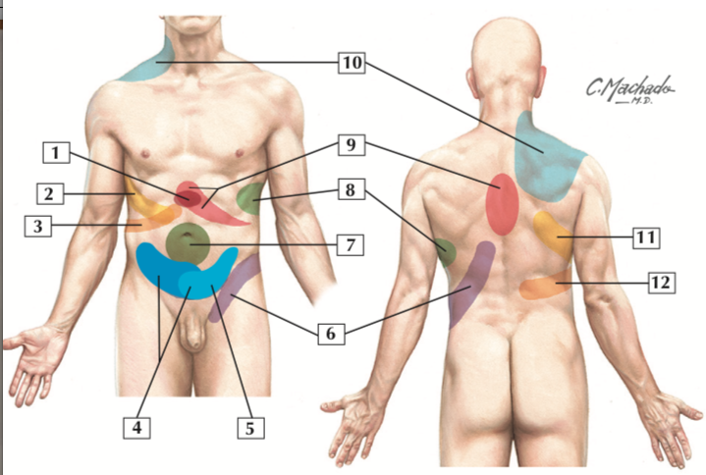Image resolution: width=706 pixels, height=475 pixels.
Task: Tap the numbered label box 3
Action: (x=37, y=227)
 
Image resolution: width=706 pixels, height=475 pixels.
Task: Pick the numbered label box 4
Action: (x=137, y=427)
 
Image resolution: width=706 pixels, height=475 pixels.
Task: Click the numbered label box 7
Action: (x=352, y=244)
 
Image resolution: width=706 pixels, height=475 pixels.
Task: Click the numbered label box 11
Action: (x=644, y=237)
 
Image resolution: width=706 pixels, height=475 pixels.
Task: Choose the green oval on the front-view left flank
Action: (x=252, y=199)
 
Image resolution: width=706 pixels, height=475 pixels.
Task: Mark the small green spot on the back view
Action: (x=445, y=253)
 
